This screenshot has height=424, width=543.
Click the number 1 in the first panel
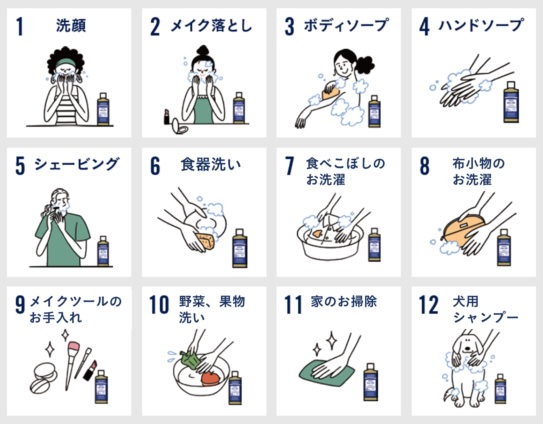click(x=20, y=26)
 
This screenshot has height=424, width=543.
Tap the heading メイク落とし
click(x=211, y=26)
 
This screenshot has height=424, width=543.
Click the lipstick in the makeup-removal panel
click(x=167, y=116)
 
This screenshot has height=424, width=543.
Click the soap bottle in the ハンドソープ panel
click(x=511, y=102)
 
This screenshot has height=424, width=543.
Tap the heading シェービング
click(x=77, y=164)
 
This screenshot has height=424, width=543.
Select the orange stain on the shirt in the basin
click(x=317, y=234)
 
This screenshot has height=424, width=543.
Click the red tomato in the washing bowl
click(x=210, y=379)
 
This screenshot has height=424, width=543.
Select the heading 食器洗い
click(x=211, y=165)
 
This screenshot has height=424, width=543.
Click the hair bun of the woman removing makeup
click(x=203, y=50)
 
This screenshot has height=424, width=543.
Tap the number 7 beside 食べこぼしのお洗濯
click(x=289, y=166)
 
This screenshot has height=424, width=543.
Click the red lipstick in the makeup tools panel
click(x=90, y=370)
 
